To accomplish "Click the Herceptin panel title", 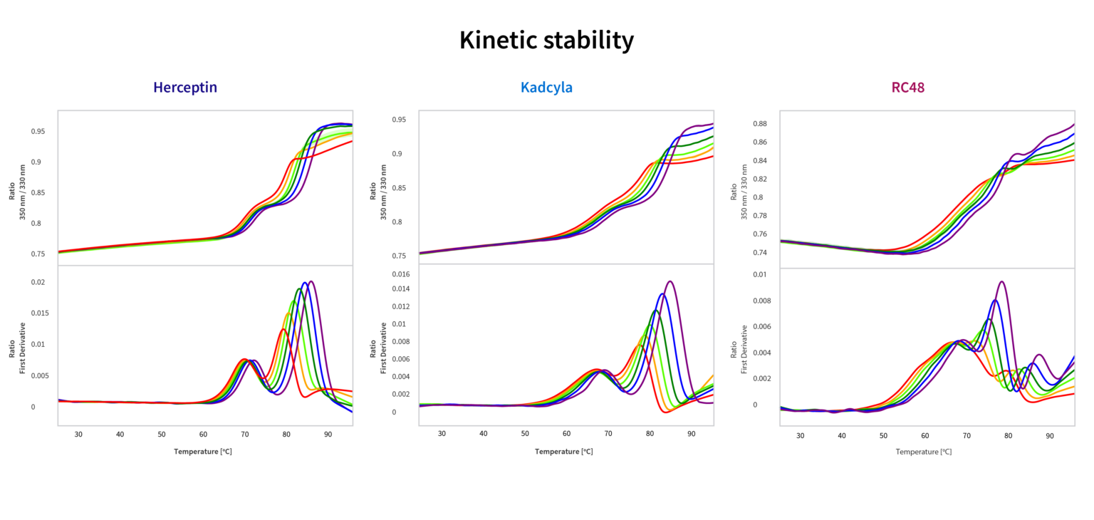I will point(185,88).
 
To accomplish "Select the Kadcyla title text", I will point(546,88).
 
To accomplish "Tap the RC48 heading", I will point(907,88).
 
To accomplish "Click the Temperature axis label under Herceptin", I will point(203,452).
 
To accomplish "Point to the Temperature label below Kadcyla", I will point(564,452).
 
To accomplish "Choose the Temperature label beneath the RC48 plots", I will point(924,452).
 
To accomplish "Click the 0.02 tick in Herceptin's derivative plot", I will point(38,282).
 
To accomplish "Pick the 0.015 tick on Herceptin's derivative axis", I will point(37,313).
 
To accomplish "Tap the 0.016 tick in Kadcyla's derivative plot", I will point(400,274).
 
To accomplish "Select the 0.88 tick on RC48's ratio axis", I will point(759,124).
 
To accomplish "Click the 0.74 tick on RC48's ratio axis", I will point(759,252).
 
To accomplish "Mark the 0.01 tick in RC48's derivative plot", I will point(760,274).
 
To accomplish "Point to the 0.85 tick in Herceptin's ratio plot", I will point(37,192).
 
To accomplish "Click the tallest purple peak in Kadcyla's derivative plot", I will point(670,281).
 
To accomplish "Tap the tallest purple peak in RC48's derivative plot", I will point(1002,281).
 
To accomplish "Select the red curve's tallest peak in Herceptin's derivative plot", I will point(283,330).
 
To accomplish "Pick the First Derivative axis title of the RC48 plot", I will point(739,349).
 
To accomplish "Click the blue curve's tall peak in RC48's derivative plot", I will point(995,301).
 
